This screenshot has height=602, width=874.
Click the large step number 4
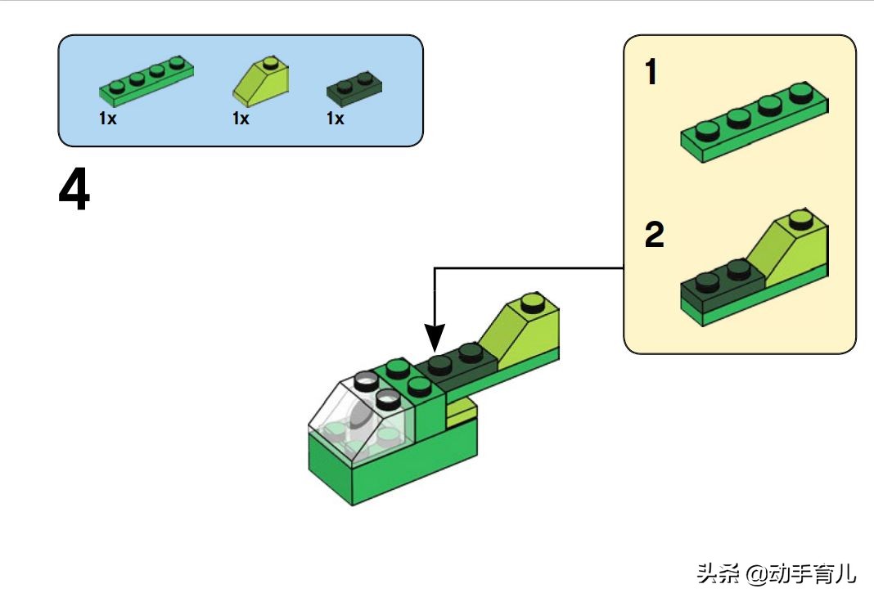tap(74, 189)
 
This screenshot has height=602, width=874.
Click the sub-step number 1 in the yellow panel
tap(651, 73)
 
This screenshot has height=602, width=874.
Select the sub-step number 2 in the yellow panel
tap(655, 235)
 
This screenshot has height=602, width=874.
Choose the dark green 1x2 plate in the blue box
tap(354, 89)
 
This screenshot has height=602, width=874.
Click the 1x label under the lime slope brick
tap(241, 119)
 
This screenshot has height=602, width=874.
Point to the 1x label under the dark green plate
tap(335, 119)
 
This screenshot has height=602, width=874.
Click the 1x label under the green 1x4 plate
tap(107, 119)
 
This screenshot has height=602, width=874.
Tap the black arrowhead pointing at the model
tap(435, 338)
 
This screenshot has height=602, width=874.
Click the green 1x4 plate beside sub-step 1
tap(755, 123)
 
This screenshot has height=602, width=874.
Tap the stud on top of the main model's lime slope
tap(533, 303)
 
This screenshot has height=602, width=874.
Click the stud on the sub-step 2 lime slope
tap(801, 219)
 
